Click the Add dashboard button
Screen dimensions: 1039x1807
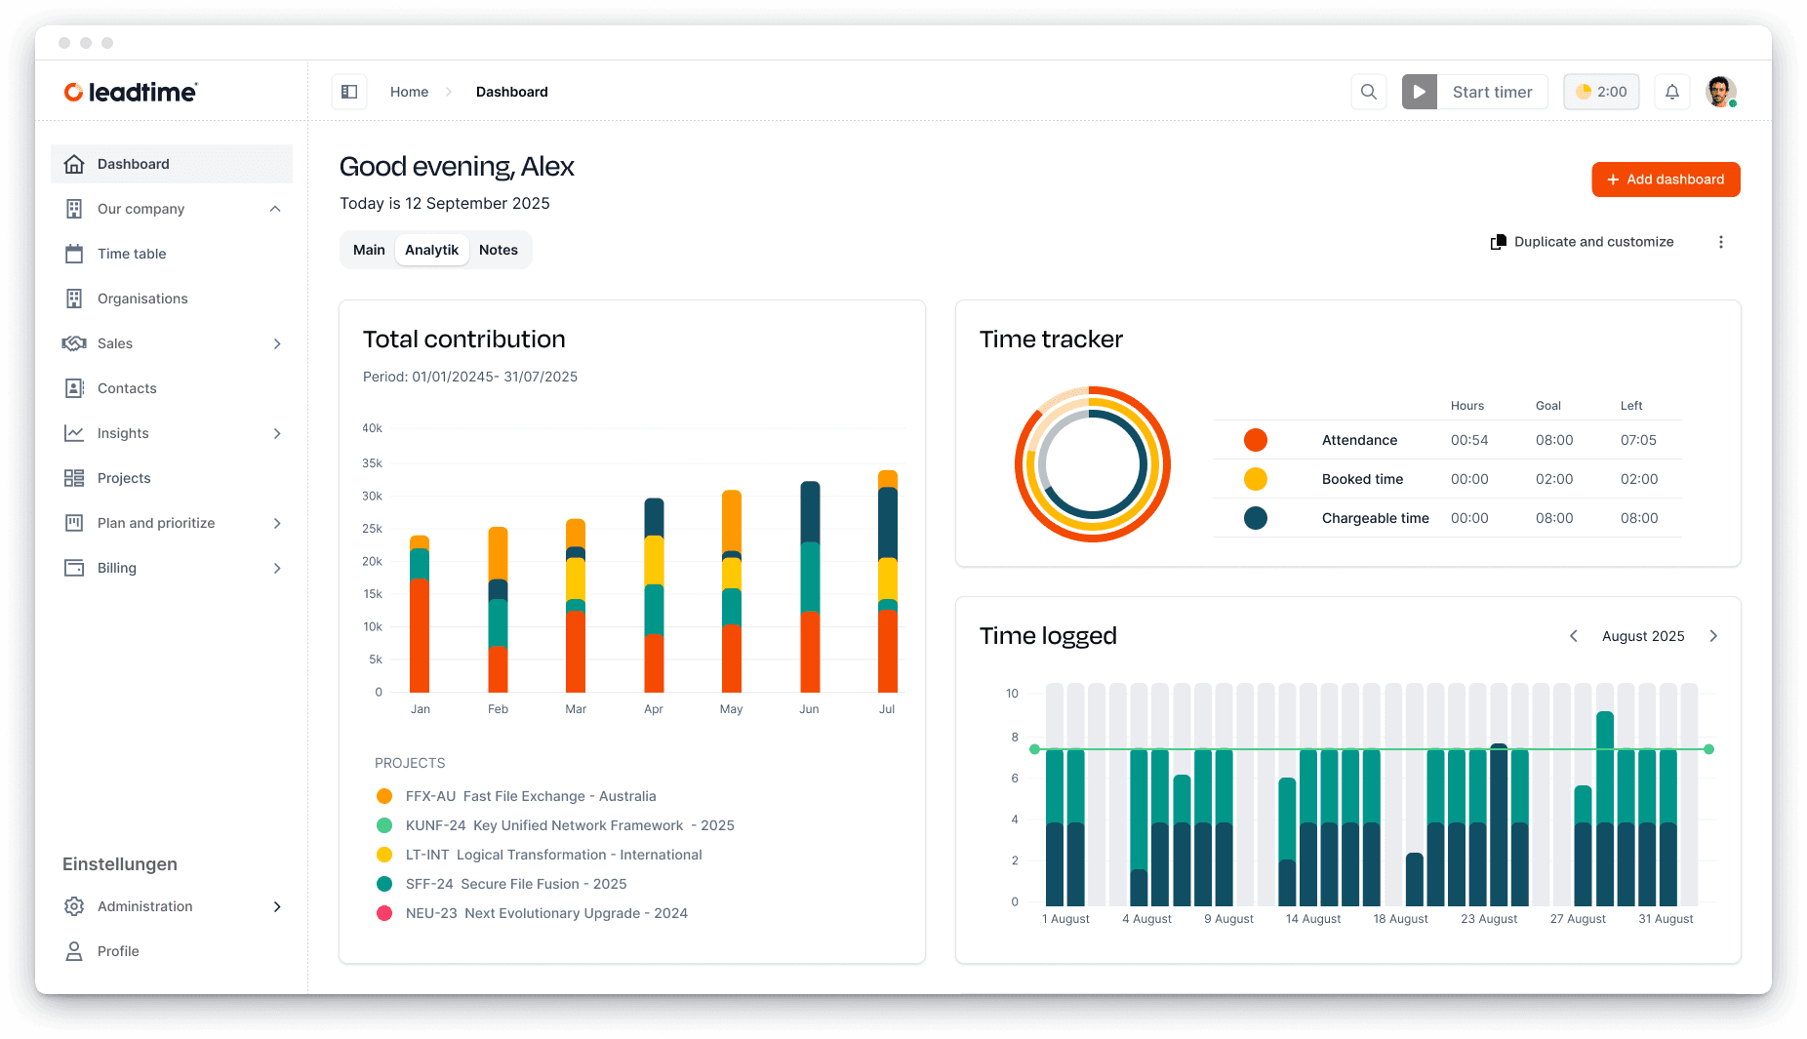tap(1666, 180)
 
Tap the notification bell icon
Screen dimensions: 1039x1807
tap(1672, 92)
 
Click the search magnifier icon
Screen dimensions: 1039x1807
tap(1369, 92)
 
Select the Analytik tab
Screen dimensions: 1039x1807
tap(431, 250)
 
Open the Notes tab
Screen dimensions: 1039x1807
tap(498, 250)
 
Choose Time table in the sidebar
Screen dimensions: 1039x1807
tap(132, 254)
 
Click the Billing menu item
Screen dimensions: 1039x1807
tap(117, 568)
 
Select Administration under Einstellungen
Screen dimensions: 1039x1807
tap(145, 906)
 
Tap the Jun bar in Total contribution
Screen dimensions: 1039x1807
tap(810, 585)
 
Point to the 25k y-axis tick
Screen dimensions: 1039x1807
tap(373, 529)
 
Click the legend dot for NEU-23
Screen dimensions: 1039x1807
tap(384, 913)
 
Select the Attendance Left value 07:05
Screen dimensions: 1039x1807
tap(1638, 440)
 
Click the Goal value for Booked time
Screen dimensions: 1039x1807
tap(1553, 479)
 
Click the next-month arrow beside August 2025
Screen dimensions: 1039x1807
tap(1713, 636)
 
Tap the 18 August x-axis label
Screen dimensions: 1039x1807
tap(1400, 919)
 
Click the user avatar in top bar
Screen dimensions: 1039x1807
tap(1720, 92)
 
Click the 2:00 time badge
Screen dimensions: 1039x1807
tap(1601, 92)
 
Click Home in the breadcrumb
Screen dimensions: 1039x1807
tap(409, 92)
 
